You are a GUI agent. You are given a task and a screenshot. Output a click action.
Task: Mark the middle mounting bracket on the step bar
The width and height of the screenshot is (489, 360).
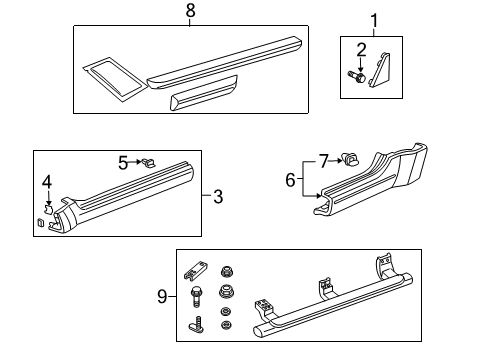(x=323, y=287)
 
